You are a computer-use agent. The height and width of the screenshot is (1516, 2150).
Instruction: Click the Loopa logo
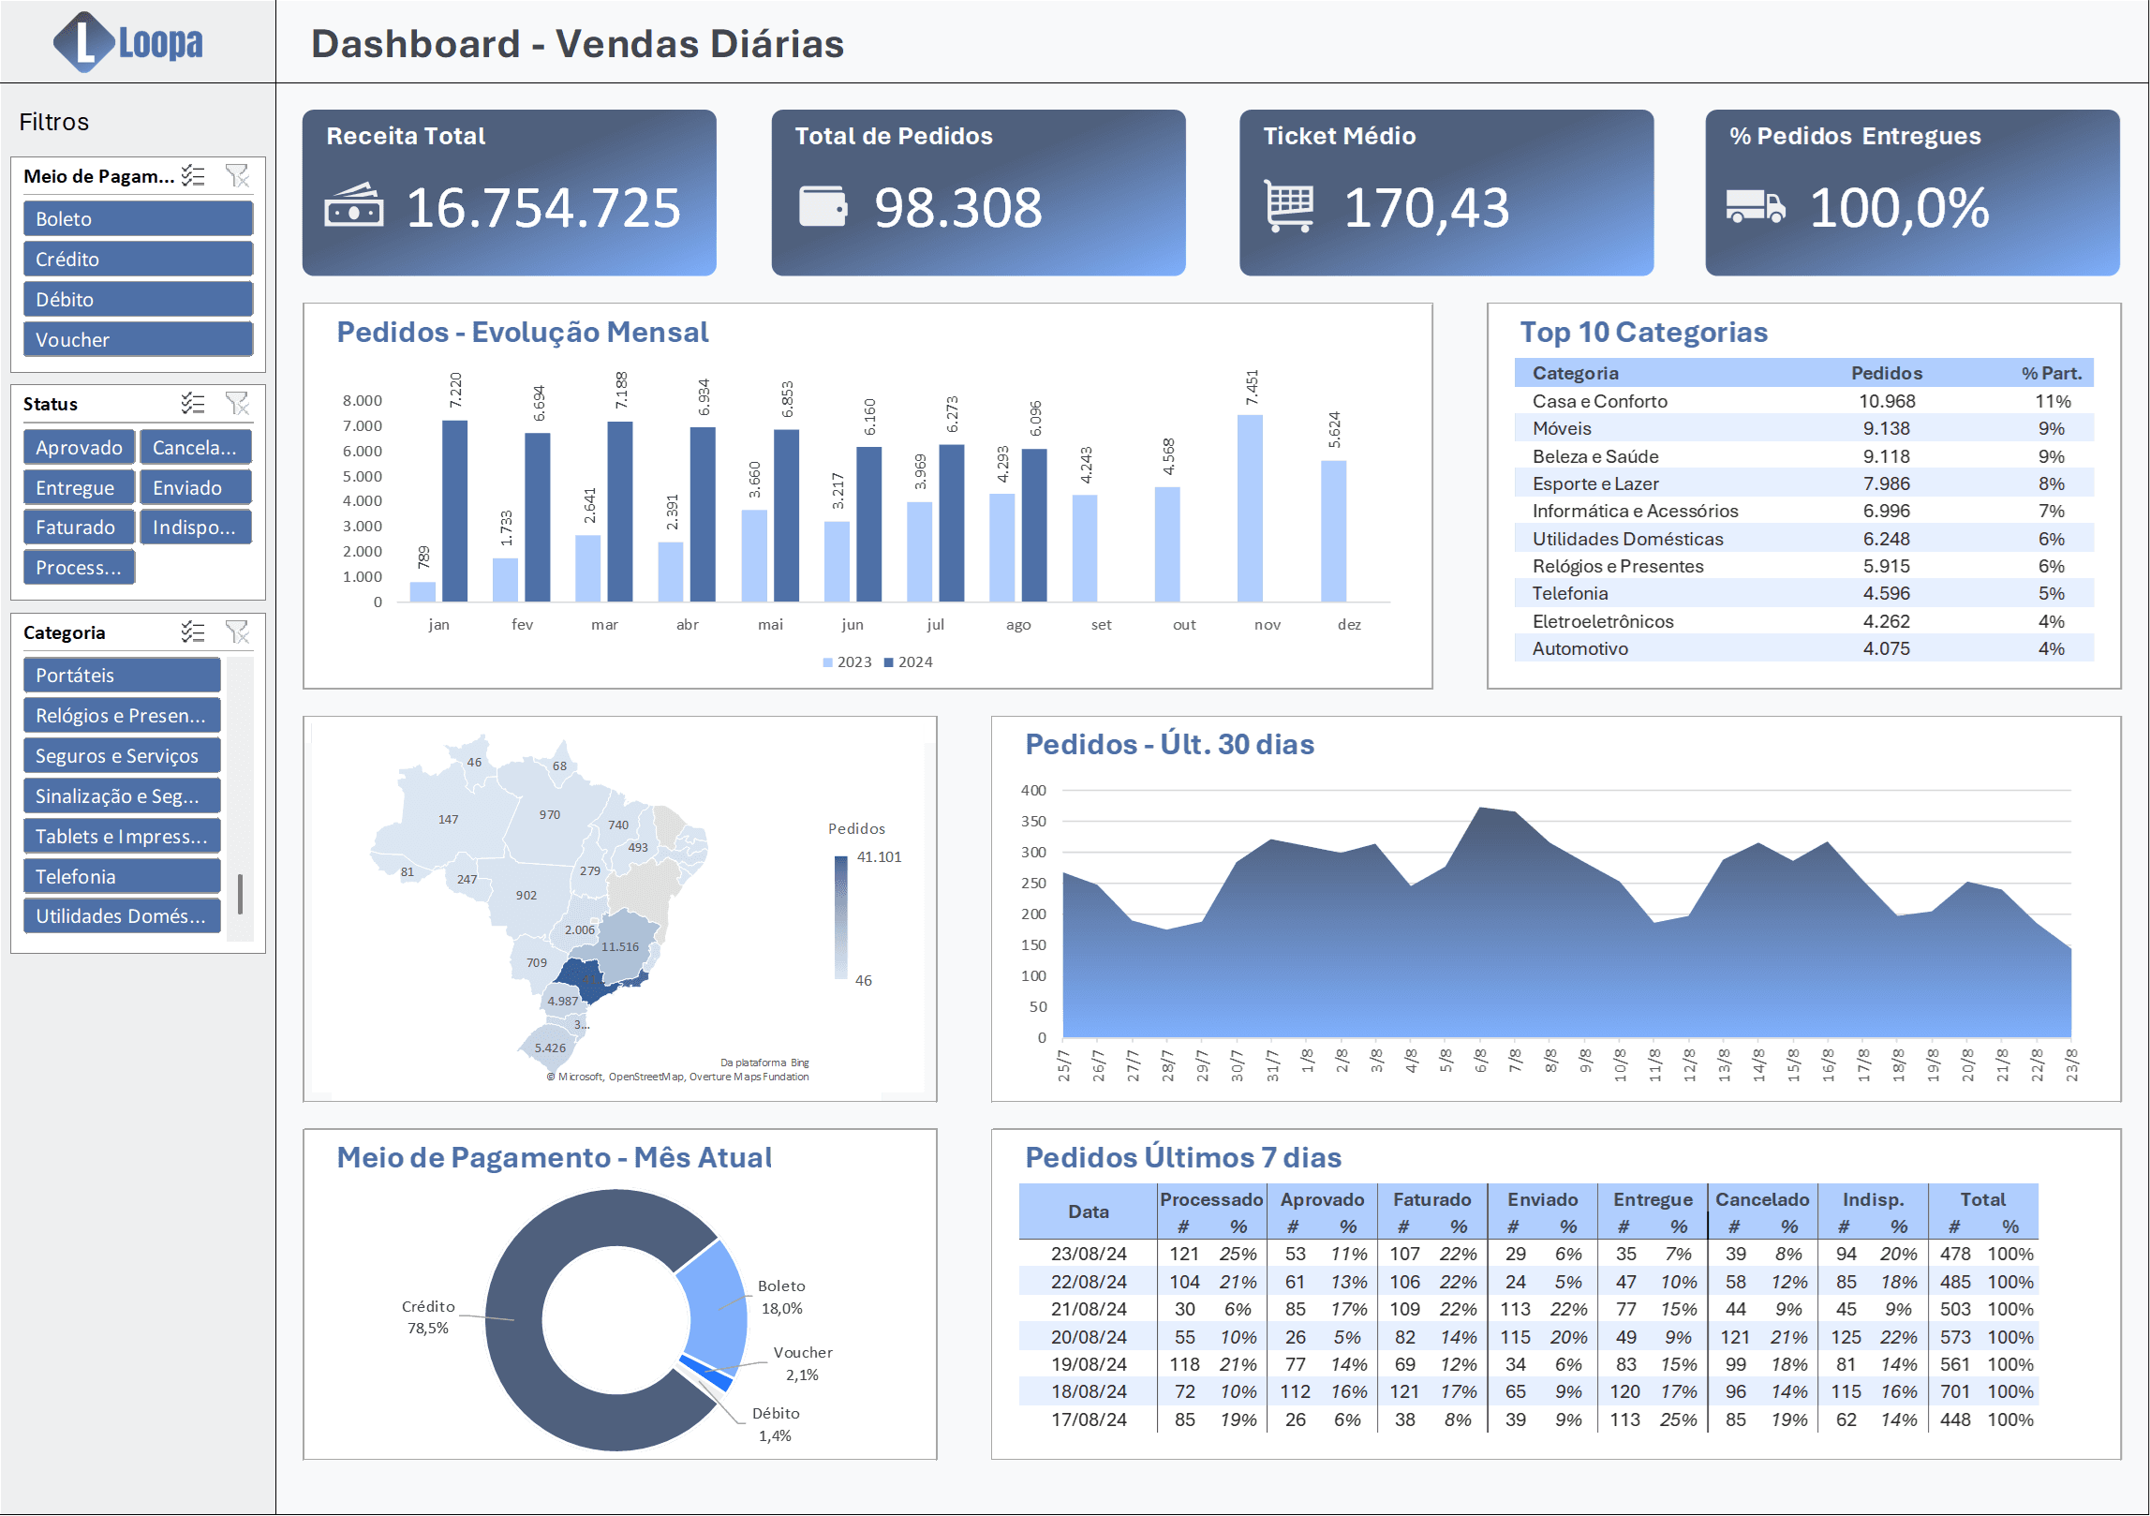pos(128,42)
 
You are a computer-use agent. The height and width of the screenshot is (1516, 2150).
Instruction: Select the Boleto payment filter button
pos(138,218)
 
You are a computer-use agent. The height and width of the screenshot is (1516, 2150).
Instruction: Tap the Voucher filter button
pos(138,339)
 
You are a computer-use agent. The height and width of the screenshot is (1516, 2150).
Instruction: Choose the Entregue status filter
pos(79,487)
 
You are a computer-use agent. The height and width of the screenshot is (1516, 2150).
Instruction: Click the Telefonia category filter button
pos(122,876)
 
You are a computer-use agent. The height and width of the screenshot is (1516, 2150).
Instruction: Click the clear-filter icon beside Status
pos(237,404)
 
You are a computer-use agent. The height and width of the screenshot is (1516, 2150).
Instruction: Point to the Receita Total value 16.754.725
pos(543,207)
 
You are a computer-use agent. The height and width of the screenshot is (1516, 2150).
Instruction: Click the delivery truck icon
pos(1755,206)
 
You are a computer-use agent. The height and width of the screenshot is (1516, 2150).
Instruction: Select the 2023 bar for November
pos(1250,508)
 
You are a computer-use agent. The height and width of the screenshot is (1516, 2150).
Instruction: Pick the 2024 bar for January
pos(454,511)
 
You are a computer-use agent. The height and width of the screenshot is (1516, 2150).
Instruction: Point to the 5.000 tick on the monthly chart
pos(362,476)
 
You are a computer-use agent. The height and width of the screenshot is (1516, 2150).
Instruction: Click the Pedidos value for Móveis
pos(1886,428)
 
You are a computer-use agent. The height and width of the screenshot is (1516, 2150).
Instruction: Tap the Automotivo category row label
pos(1579,648)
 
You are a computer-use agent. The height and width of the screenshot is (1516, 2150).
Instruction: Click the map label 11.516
pos(620,946)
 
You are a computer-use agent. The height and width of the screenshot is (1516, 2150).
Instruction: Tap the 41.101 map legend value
pos(879,856)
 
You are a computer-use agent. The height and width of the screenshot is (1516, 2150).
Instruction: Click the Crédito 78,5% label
pos(428,1316)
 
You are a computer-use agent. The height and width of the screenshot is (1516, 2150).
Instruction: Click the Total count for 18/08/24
pos(1955,1391)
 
